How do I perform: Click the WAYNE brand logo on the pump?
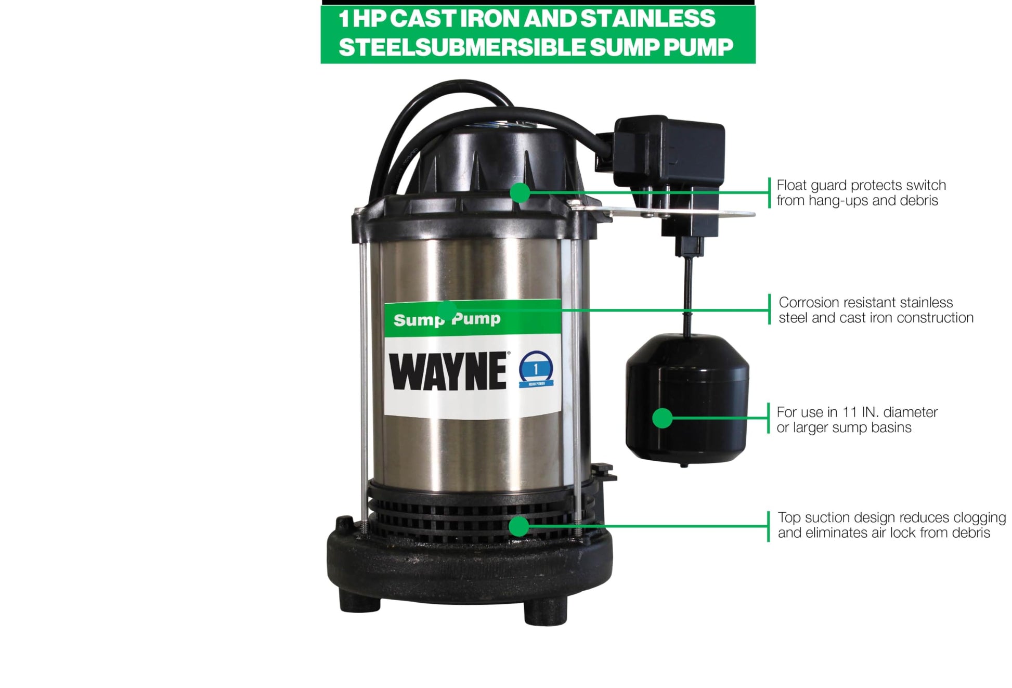448,371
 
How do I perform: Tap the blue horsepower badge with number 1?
536,369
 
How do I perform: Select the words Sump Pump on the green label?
447,319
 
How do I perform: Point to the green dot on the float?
662,418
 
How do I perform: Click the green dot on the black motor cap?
520,192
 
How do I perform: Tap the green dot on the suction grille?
518,526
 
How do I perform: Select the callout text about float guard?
861,193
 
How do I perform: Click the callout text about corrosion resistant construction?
876,310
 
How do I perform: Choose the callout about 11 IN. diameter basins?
857,420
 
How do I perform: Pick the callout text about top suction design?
891,525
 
